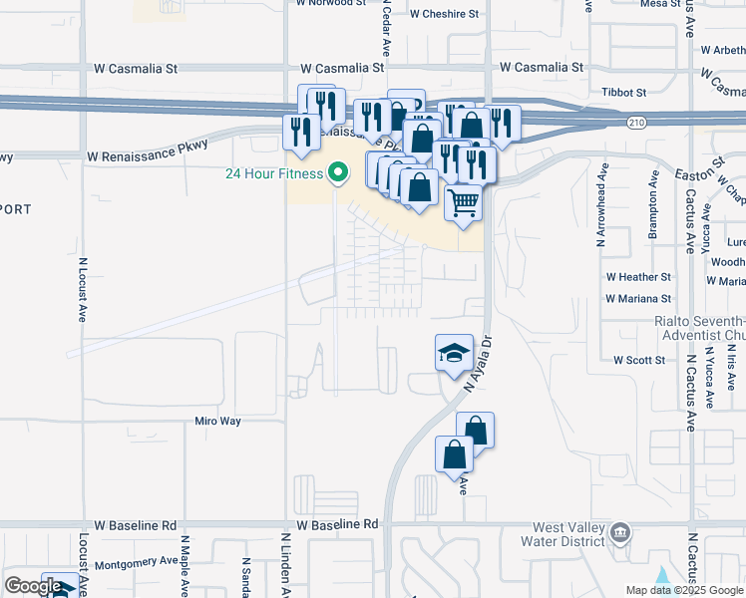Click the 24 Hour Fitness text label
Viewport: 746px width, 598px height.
pyautogui.click(x=273, y=173)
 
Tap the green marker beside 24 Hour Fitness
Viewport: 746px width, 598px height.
pyautogui.click(x=337, y=173)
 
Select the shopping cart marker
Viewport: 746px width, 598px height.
pyautogui.click(x=464, y=203)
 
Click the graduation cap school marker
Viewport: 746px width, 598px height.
pyautogui.click(x=454, y=353)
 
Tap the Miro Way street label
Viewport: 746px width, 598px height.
pyautogui.click(x=217, y=421)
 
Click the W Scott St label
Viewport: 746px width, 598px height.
pyautogui.click(x=638, y=359)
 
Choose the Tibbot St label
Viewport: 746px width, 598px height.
pyautogui.click(x=624, y=92)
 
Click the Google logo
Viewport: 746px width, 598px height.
pyautogui.click(x=33, y=586)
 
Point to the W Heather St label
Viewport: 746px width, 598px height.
pyautogui.click(x=638, y=276)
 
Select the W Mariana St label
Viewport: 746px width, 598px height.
pyautogui.click(x=638, y=298)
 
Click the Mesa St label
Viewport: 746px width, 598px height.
pyautogui.click(x=660, y=4)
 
